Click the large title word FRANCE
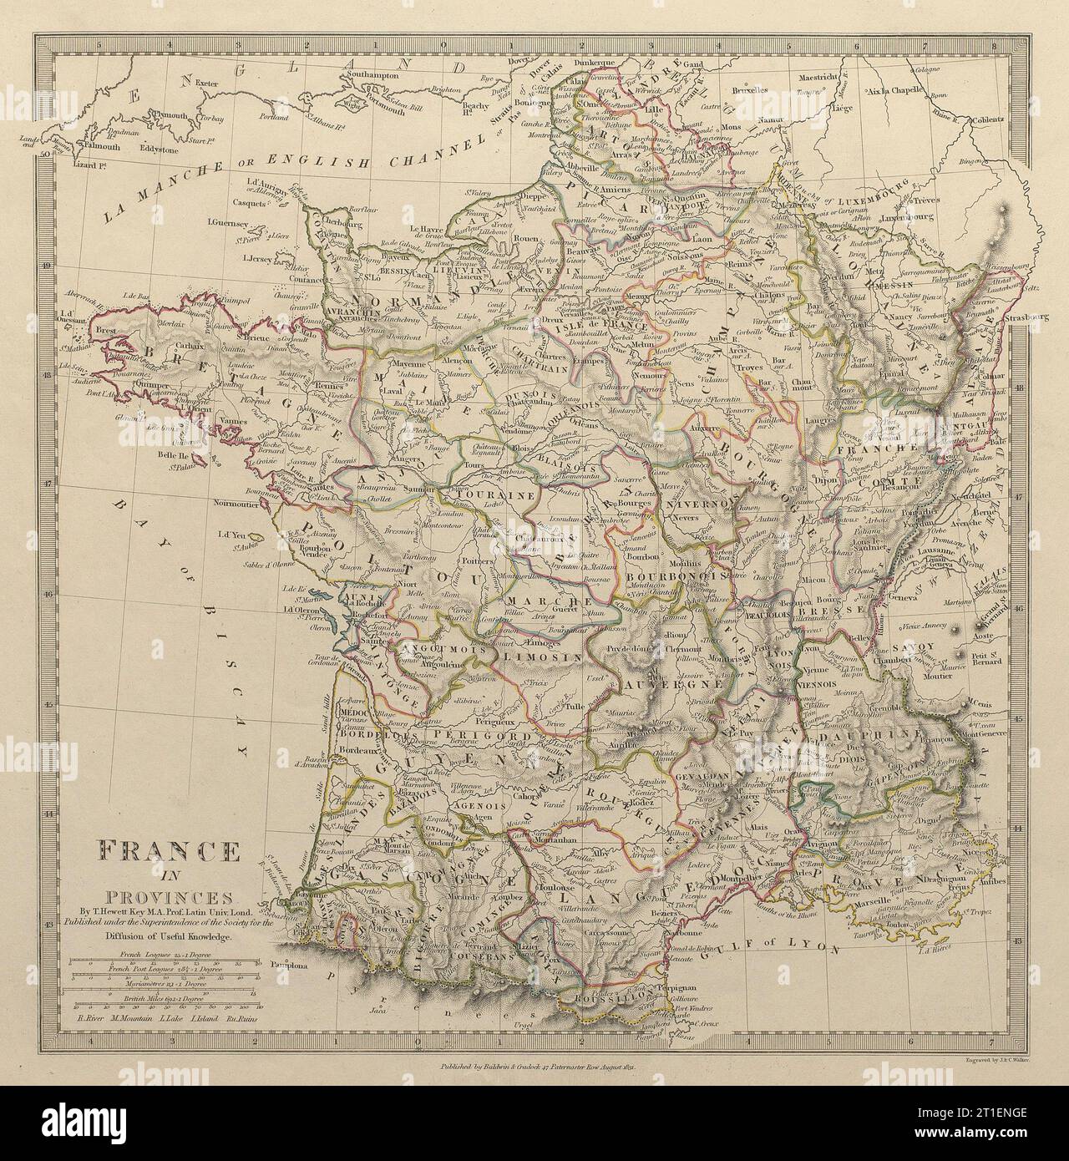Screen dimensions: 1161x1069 coord(169,853)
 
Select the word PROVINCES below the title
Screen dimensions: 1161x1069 coord(169,898)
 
